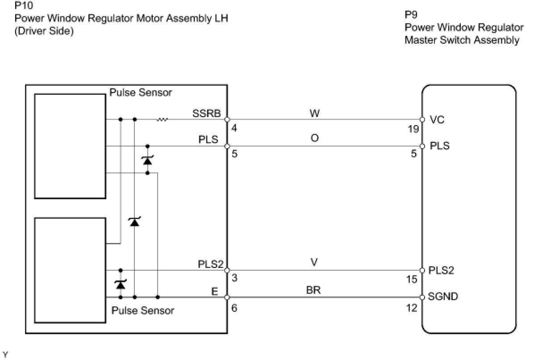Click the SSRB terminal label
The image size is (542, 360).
click(206, 113)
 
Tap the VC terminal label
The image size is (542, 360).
click(437, 120)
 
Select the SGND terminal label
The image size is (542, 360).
click(443, 296)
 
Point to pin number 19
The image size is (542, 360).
click(413, 129)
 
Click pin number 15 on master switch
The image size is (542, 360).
click(412, 280)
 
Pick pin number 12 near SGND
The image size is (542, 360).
click(412, 308)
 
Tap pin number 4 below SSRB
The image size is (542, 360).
click(234, 128)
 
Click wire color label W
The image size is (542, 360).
click(315, 113)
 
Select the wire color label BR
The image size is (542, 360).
click(313, 290)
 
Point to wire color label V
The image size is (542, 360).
click(314, 262)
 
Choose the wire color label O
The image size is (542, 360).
click(315, 138)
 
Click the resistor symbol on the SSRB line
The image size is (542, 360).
click(162, 119)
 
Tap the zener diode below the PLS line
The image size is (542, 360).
click(148, 160)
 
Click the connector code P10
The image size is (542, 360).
click(24, 5)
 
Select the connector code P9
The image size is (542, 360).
click(411, 15)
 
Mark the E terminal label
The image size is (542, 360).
click(215, 291)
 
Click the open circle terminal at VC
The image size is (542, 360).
click(422, 120)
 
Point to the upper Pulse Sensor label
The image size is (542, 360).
click(141, 92)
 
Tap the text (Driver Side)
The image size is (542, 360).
click(44, 31)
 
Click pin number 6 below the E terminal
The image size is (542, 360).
click(234, 308)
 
